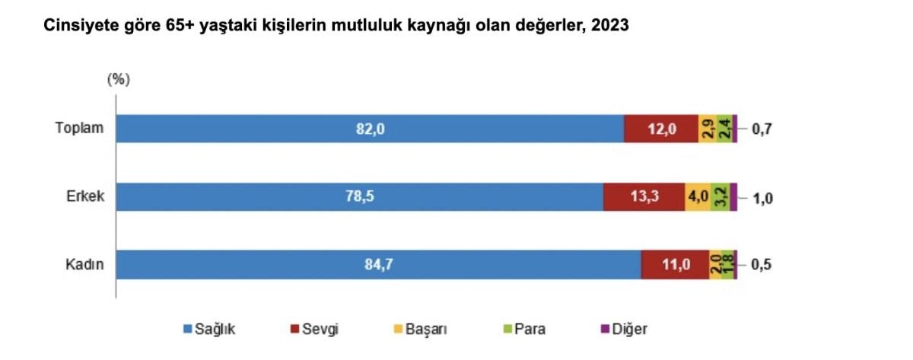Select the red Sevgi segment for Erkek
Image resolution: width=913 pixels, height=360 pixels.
pyautogui.click(x=644, y=197)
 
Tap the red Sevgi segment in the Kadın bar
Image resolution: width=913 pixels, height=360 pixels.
pyautogui.click(x=675, y=265)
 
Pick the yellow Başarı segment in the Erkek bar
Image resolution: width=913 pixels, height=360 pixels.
pyautogui.click(x=698, y=197)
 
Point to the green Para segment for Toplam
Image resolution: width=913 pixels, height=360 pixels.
pyautogui.click(x=724, y=129)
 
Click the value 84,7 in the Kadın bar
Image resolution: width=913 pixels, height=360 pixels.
pyautogui.click(x=378, y=265)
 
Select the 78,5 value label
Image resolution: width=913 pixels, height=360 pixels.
pyautogui.click(x=359, y=197)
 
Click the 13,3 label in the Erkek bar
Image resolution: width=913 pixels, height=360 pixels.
pyautogui.click(x=644, y=197)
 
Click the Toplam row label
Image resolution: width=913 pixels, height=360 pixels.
pyautogui.click(x=78, y=129)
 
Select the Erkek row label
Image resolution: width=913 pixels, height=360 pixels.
pyautogui.click(x=84, y=197)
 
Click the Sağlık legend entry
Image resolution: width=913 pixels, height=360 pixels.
pyautogui.click(x=210, y=330)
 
